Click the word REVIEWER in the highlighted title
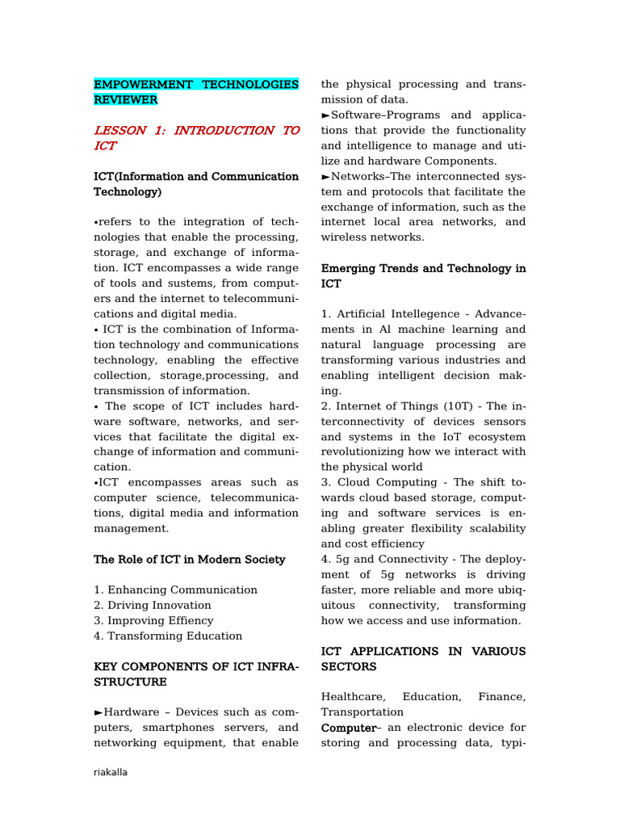pos(126,99)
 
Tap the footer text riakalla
pos(111,772)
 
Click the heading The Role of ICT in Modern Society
pos(189,559)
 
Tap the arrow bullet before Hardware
pos(98,712)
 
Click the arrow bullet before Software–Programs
pos(326,115)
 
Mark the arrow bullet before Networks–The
pos(326,177)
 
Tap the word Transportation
pos(362,712)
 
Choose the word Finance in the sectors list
pos(501,696)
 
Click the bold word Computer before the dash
pos(348,728)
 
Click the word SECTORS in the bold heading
pos(348,666)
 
